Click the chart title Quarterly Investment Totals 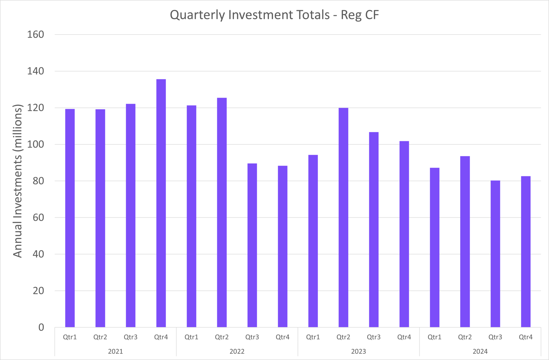click(x=274, y=15)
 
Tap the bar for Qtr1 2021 click(x=70, y=218)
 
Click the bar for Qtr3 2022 click(x=252, y=245)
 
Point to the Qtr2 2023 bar click(x=343, y=217)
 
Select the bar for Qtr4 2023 click(x=404, y=234)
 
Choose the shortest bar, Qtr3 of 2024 click(x=495, y=254)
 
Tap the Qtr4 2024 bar click(x=526, y=252)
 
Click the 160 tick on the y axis click(x=36, y=35)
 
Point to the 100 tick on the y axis click(x=36, y=144)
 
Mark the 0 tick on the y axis click(x=41, y=327)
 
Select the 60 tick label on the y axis click(x=38, y=217)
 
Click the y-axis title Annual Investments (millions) click(x=18, y=181)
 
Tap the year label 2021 click(x=116, y=351)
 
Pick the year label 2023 click(x=359, y=351)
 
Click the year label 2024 click(x=480, y=351)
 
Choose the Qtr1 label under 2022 click(x=191, y=337)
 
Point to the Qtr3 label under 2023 click(x=374, y=337)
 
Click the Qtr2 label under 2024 click(x=465, y=337)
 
